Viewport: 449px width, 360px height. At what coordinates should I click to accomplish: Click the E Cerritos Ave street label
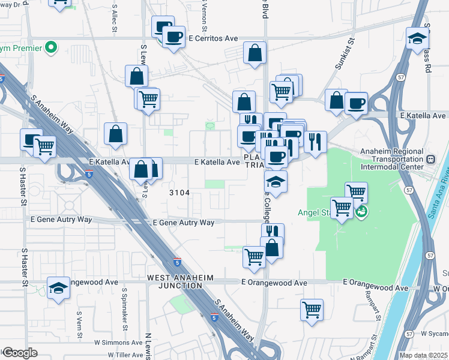click(x=213, y=38)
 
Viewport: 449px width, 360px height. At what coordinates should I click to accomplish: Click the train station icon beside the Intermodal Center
click(x=430, y=160)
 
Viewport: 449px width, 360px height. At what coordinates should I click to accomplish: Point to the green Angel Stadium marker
click(x=361, y=212)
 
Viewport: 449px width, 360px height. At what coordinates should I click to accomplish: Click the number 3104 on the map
click(x=179, y=193)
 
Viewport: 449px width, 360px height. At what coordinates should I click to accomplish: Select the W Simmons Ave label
click(x=116, y=342)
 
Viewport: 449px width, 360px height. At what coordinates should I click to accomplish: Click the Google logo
click(x=19, y=353)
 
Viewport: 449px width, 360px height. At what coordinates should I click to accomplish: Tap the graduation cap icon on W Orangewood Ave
click(x=59, y=289)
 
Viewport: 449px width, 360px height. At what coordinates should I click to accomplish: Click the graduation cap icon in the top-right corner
click(x=417, y=39)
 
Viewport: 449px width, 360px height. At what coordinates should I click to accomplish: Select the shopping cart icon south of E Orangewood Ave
click(x=312, y=310)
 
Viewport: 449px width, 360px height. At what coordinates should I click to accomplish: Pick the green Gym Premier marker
click(x=52, y=47)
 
